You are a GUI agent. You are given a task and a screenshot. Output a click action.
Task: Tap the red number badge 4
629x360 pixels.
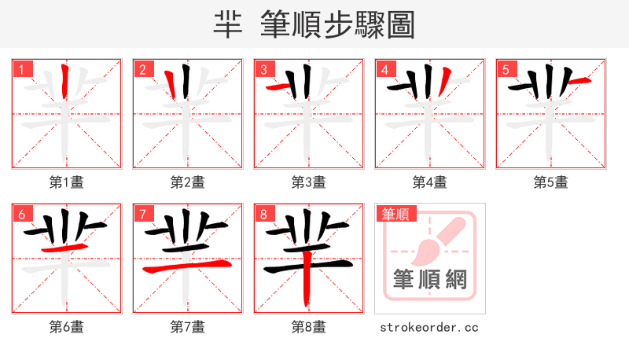tap(385, 70)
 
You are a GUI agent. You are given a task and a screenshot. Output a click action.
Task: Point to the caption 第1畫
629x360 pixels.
tap(66, 182)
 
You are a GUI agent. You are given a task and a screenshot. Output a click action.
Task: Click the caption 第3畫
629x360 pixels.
tap(308, 182)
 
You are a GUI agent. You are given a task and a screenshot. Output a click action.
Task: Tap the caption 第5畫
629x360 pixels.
tap(550, 182)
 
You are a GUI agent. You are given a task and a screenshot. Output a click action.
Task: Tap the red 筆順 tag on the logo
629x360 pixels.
tap(395, 214)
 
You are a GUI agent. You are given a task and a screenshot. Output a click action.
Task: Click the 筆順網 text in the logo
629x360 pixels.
tap(429, 279)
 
